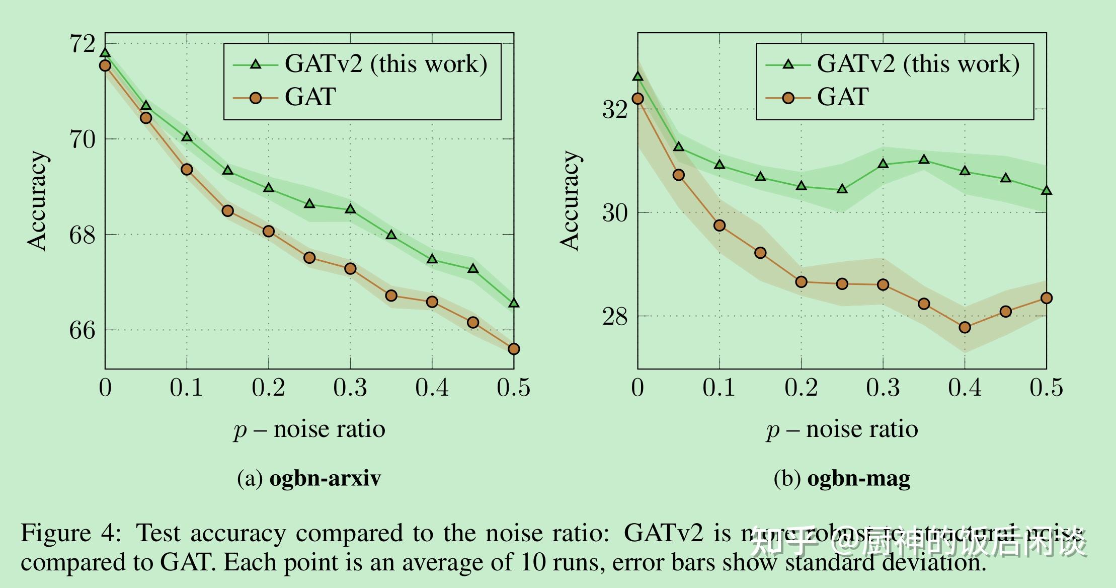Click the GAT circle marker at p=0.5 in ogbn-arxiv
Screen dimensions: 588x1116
coord(513,349)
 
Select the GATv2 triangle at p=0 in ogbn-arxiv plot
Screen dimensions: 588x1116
coord(105,53)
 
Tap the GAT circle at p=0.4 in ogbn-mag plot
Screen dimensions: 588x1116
coord(965,328)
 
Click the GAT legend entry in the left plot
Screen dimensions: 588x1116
coord(310,97)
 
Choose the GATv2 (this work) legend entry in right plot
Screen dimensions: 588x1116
coord(918,64)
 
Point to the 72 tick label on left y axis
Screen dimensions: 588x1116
coord(82,44)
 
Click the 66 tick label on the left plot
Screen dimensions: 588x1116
coord(82,331)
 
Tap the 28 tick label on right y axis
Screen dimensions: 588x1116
coord(615,317)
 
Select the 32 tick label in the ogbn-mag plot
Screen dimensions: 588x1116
coord(615,110)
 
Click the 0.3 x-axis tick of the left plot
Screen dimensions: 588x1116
coord(350,388)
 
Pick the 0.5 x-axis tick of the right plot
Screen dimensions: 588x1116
coord(1046,388)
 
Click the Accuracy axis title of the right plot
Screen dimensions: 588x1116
coord(570,200)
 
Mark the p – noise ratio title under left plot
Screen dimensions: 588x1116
coord(309,429)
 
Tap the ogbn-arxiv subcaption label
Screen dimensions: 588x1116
coord(325,478)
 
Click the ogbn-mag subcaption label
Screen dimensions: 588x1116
coord(858,478)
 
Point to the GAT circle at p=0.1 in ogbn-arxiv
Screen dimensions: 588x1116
coord(187,170)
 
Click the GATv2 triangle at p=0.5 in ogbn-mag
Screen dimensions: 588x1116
coord(1046,191)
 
